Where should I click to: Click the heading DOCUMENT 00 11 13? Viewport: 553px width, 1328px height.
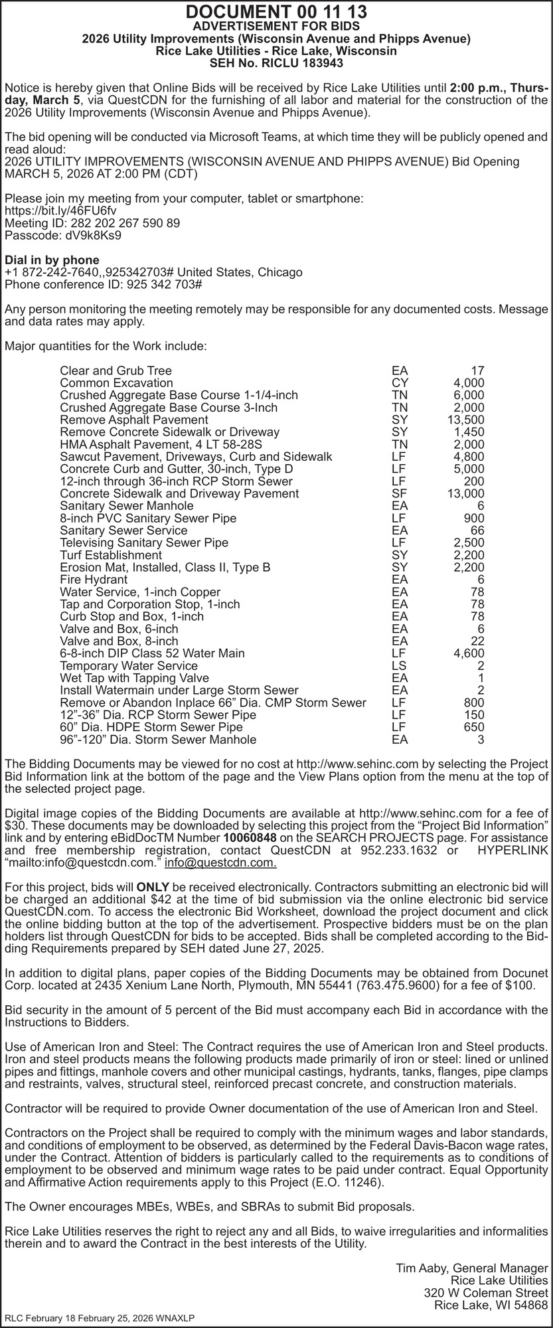(x=276, y=12)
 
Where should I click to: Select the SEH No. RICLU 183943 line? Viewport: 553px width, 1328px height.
(x=276, y=64)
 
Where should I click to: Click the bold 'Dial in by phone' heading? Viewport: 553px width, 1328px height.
(x=52, y=260)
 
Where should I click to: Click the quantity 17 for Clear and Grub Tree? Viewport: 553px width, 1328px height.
(x=477, y=371)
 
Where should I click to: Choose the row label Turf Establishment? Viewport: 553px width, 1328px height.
(x=111, y=555)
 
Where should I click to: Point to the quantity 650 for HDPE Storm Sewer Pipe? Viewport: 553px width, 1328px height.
(x=473, y=727)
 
